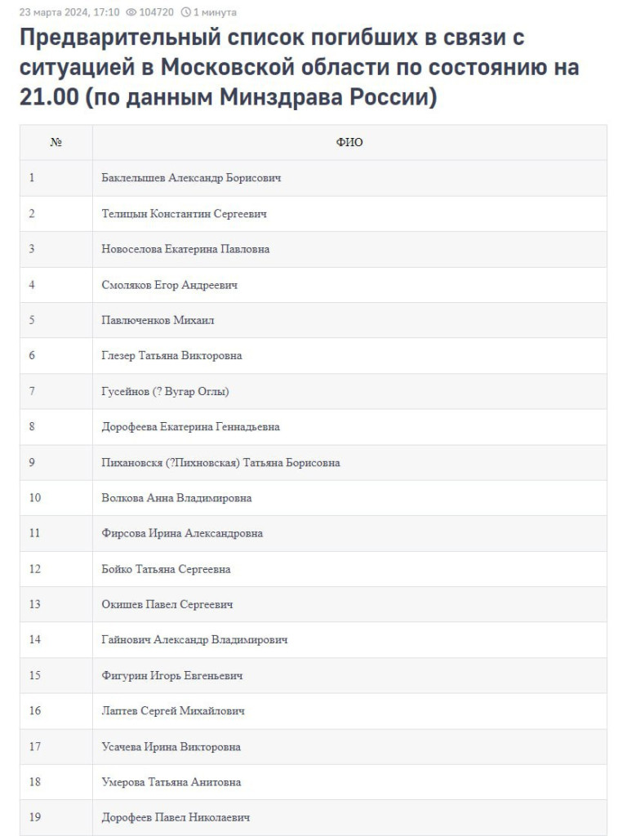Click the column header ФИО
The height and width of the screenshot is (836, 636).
[x=349, y=142]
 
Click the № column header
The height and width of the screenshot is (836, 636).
[x=56, y=142]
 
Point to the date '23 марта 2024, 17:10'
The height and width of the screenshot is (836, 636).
[x=69, y=12]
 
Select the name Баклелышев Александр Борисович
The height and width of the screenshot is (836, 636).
[x=191, y=178]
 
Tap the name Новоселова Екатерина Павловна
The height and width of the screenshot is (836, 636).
[x=185, y=249]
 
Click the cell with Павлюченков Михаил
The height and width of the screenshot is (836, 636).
[x=158, y=320]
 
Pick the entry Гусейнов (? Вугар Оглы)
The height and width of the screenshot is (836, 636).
[x=165, y=391]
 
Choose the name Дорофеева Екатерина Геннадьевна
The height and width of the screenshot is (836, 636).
[x=190, y=427]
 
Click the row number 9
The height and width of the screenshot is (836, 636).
[x=32, y=462]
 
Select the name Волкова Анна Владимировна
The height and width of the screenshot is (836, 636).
[x=176, y=498]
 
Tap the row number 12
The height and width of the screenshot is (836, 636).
[x=34, y=569]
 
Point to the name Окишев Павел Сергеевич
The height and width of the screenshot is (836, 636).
[x=167, y=604]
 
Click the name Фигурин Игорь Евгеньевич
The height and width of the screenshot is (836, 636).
[x=172, y=675]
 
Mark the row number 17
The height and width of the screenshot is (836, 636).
[x=34, y=746]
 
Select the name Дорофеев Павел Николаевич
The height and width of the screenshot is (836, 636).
[x=176, y=817]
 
